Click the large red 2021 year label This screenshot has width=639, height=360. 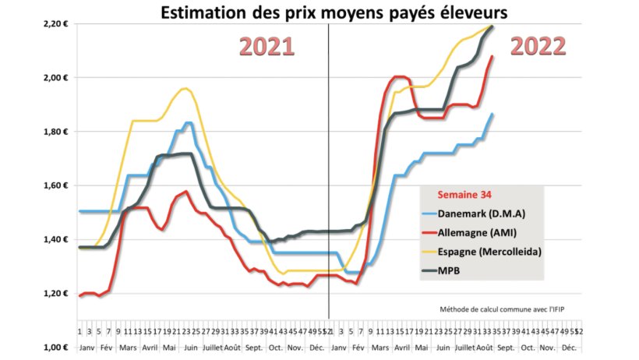(x=267, y=47)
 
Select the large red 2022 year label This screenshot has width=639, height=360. (x=538, y=47)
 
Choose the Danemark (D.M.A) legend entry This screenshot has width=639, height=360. (x=492, y=213)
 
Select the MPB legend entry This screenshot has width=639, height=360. (x=469, y=270)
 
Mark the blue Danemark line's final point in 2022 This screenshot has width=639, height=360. (x=492, y=114)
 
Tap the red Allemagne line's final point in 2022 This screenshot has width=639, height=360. (x=492, y=56)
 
